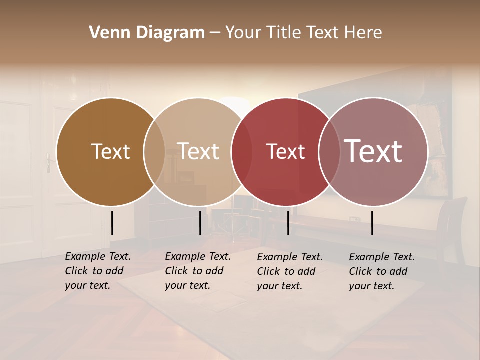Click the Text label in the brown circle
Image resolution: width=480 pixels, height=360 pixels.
(x=110, y=151)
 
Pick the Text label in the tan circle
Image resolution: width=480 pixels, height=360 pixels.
(x=198, y=151)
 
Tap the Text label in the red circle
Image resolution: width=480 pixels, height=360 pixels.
(x=285, y=151)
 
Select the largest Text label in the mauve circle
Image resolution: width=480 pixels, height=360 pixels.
(x=373, y=151)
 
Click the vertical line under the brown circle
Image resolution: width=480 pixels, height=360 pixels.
(x=112, y=223)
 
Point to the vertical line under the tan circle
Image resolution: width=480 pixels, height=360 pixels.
(x=200, y=223)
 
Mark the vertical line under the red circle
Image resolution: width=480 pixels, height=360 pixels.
(x=288, y=223)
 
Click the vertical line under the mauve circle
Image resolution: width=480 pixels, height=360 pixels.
(x=372, y=223)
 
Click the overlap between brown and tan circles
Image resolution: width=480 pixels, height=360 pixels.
(x=154, y=151)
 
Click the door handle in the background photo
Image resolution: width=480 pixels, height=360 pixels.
(x=48, y=163)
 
